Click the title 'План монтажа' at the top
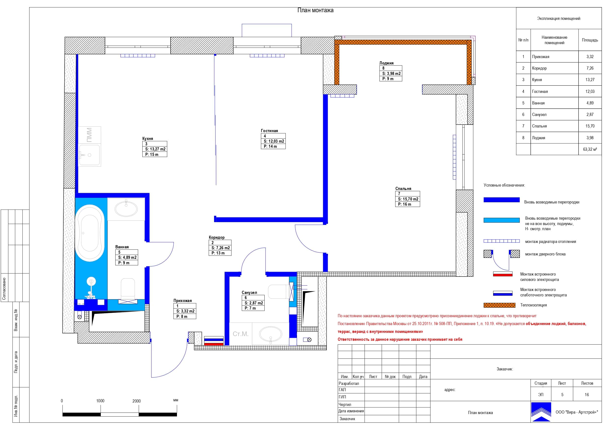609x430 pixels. click(315, 10)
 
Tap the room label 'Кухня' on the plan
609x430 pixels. click(148, 139)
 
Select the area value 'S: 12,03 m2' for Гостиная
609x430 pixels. click(274, 141)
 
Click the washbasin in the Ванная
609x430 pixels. click(126, 209)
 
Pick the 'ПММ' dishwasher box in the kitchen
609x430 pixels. click(90, 135)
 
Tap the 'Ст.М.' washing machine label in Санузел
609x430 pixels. click(240, 334)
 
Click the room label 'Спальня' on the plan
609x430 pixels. click(403, 189)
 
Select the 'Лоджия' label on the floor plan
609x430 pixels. click(386, 63)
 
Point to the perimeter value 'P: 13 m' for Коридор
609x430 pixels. click(218, 253)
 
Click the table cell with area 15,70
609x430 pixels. click(590, 126)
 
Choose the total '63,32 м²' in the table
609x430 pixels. click(590, 150)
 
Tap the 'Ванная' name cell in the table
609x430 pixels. click(538, 103)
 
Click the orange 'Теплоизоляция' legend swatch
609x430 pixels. click(500, 305)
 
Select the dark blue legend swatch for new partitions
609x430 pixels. click(501, 200)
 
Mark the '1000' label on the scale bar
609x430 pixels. click(100, 401)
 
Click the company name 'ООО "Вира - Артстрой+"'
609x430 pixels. click(577, 412)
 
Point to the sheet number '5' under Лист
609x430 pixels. click(562, 395)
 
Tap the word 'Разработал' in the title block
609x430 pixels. click(349, 383)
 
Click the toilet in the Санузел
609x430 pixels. click(279, 292)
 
